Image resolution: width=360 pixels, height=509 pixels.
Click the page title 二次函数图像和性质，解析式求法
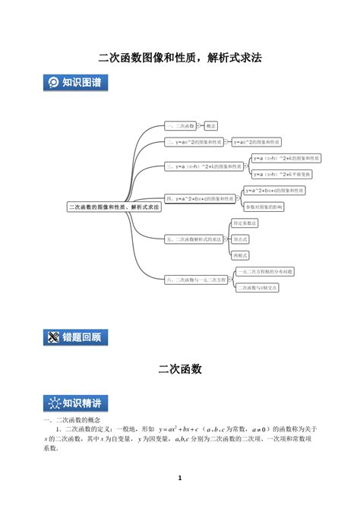[x=180, y=57]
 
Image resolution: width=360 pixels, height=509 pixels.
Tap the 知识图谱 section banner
[x=76, y=83]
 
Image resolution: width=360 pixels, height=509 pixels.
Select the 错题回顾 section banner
[x=76, y=337]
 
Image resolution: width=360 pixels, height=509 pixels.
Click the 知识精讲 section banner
[x=76, y=403]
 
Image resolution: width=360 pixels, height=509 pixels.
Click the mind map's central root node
[x=115, y=206]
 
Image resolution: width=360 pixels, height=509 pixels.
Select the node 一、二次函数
[x=180, y=125]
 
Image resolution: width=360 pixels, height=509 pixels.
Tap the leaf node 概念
[x=211, y=125]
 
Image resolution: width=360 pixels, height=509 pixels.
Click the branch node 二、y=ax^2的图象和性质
[x=194, y=142]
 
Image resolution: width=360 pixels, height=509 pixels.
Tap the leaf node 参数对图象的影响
[x=264, y=207]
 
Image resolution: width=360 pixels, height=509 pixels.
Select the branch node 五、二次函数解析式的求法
[x=194, y=239]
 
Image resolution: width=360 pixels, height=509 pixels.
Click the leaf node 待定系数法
[x=245, y=223]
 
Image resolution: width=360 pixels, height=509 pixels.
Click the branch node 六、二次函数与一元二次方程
[x=195, y=280]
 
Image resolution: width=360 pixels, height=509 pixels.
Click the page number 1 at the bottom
[x=180, y=478]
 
